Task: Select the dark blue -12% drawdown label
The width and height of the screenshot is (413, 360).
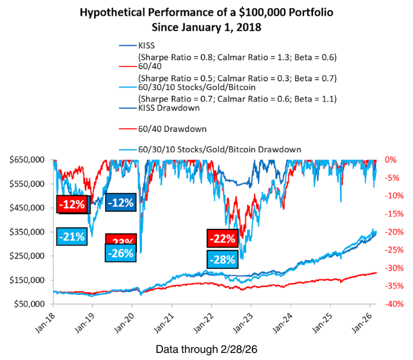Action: pos(121,202)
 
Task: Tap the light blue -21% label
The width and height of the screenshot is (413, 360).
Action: pos(72,236)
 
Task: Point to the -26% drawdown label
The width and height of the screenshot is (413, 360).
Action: pos(121,254)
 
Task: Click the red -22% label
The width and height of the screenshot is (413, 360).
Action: pos(222,238)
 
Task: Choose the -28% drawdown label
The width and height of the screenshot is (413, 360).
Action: pos(222,259)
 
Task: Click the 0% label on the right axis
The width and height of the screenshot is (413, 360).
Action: pos(389,160)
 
